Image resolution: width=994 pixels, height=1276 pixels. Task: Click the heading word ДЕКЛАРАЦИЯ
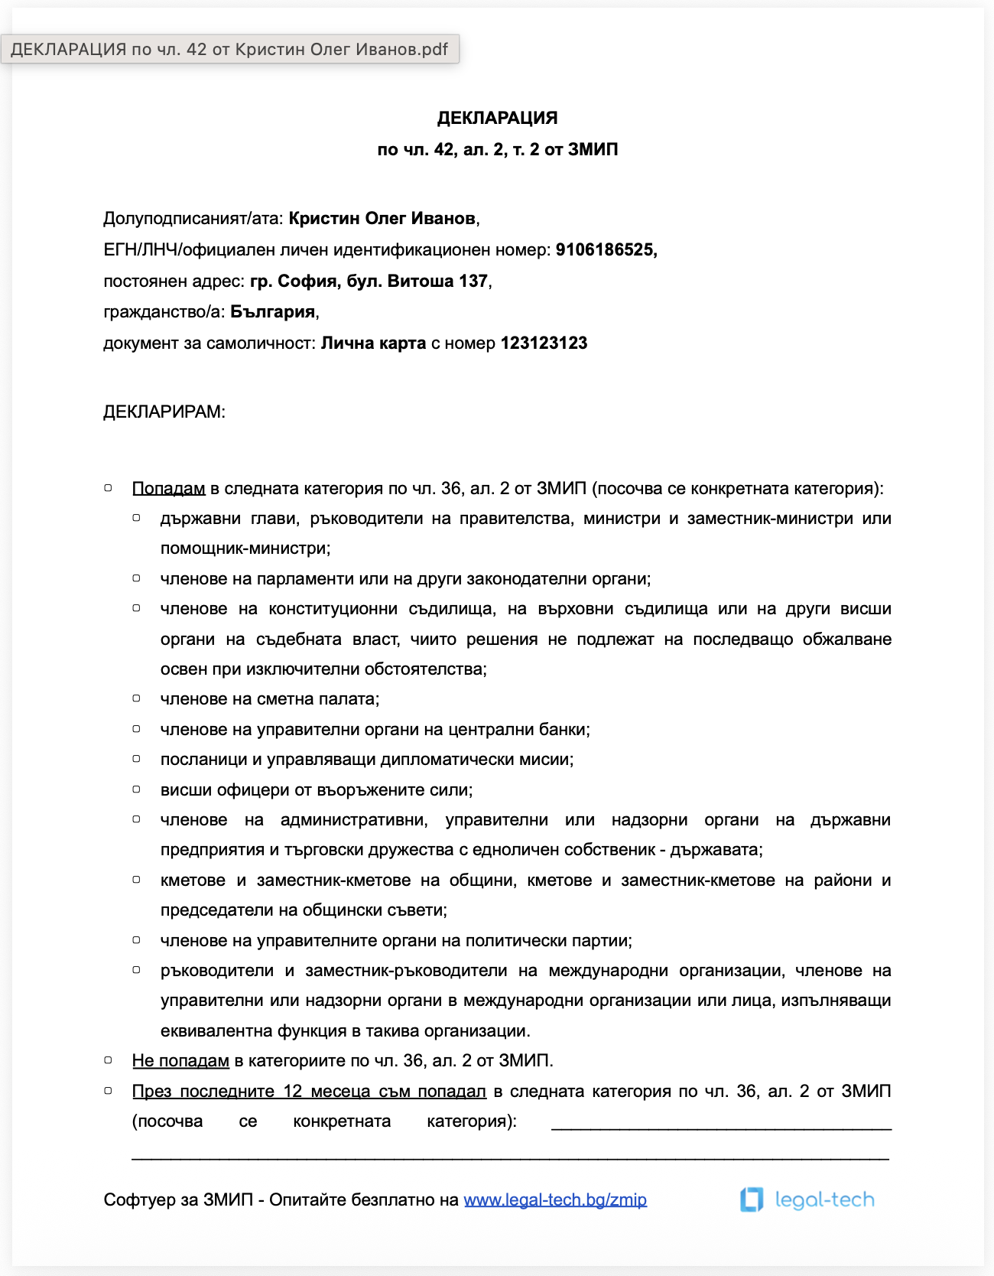tap(497, 118)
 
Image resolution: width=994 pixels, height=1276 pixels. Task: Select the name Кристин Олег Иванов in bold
tap(382, 219)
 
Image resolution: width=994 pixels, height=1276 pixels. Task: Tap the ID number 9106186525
tap(606, 250)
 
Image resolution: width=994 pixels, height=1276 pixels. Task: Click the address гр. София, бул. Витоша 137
tap(369, 282)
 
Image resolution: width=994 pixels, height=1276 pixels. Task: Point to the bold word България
tap(273, 312)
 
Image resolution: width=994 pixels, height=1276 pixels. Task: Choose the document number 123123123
tap(544, 343)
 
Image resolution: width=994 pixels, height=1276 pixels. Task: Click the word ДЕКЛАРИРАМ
tap(164, 412)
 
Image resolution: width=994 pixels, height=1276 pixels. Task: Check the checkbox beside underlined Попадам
tap(109, 488)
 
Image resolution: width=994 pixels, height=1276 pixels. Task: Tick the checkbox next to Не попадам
tap(109, 1060)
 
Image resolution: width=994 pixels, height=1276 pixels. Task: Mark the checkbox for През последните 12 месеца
tap(109, 1091)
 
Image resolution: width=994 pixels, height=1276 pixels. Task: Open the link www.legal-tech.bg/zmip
tap(555, 1200)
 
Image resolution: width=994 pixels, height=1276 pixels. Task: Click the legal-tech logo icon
tap(752, 1200)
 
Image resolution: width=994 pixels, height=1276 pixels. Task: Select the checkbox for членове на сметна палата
tap(137, 698)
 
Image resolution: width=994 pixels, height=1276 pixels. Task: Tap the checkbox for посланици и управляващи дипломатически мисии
tap(137, 759)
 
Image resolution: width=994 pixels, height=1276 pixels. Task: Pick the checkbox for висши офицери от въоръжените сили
tap(137, 789)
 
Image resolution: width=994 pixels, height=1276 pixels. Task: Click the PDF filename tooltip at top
tap(229, 50)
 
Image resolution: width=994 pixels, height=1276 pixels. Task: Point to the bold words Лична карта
tap(373, 343)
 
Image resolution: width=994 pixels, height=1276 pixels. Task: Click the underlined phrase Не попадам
tap(180, 1061)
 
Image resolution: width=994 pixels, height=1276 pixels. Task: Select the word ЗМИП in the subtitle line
tap(593, 150)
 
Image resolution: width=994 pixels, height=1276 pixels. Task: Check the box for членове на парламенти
tap(137, 578)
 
